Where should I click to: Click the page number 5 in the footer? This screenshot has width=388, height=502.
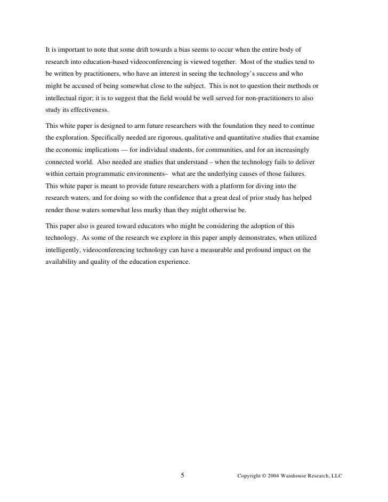pyautogui.click(x=183, y=475)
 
